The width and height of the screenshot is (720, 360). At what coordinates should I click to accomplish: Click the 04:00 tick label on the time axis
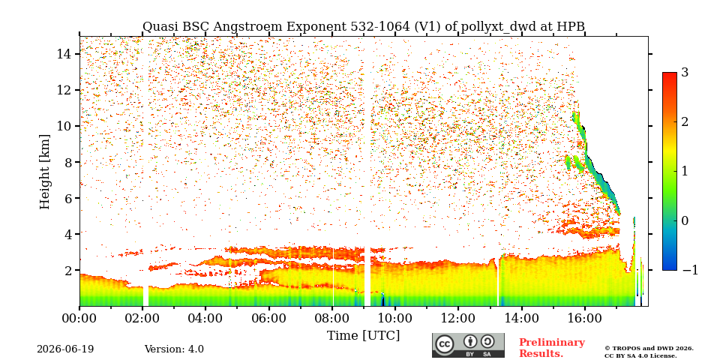click(205, 318)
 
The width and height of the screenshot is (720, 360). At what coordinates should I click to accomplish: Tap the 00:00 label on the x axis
click(79, 318)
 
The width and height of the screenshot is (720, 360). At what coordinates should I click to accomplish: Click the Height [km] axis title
click(44, 172)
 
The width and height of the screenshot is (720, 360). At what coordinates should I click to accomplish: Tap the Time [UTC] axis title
click(363, 335)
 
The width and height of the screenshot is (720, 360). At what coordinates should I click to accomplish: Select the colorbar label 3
click(685, 72)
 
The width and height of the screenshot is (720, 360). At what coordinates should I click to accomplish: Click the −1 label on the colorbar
click(690, 270)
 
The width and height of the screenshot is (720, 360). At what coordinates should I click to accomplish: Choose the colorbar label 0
click(685, 220)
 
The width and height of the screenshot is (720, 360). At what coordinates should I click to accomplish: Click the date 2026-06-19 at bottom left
click(65, 349)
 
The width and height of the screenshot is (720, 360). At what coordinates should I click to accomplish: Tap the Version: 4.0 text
click(174, 349)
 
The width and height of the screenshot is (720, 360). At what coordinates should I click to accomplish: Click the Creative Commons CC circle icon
click(445, 344)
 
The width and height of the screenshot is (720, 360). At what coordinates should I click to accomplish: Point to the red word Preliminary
click(552, 343)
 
